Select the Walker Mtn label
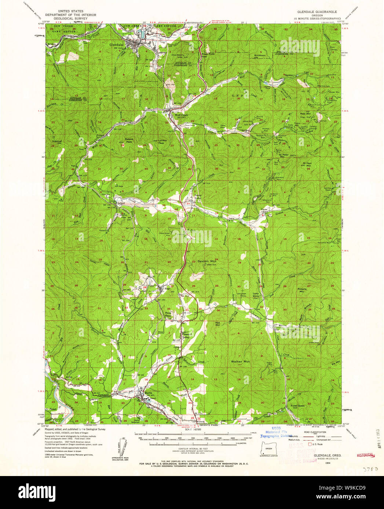(x=240, y=361)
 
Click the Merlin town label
(x=148, y=393)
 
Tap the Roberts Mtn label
(x=302, y=290)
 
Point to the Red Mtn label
(x=217, y=323)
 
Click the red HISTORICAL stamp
(x=365, y=455)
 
